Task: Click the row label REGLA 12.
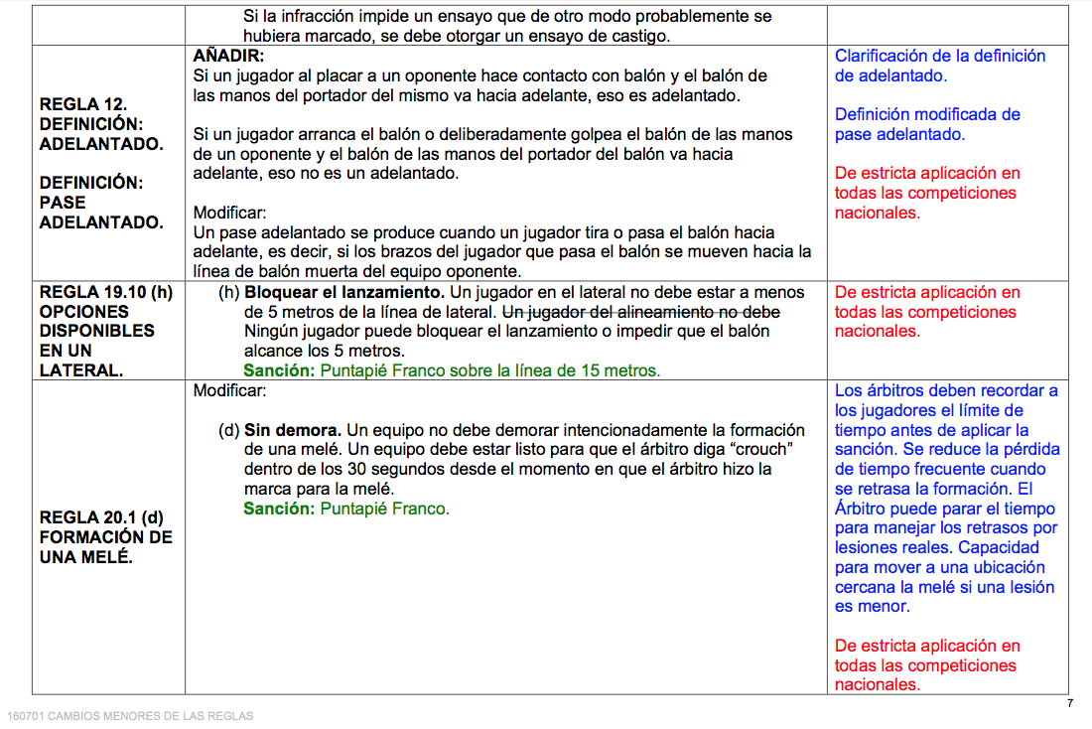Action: click(83, 104)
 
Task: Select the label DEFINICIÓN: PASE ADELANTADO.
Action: click(101, 203)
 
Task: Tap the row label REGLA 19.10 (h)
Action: click(105, 293)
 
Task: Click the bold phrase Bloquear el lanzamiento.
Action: click(344, 293)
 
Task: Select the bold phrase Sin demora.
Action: click(293, 430)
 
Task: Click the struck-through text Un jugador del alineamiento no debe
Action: click(641, 312)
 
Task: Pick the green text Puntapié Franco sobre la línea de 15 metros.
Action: click(489, 370)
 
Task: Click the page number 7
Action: click(1069, 703)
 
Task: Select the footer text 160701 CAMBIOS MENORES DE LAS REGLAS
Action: click(130, 715)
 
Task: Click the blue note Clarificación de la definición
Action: click(939, 57)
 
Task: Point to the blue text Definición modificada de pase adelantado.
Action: click(927, 124)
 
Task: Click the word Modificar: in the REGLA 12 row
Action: click(229, 213)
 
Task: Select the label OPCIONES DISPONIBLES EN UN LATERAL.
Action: click(97, 341)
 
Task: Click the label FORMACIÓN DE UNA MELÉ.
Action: click(106, 547)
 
